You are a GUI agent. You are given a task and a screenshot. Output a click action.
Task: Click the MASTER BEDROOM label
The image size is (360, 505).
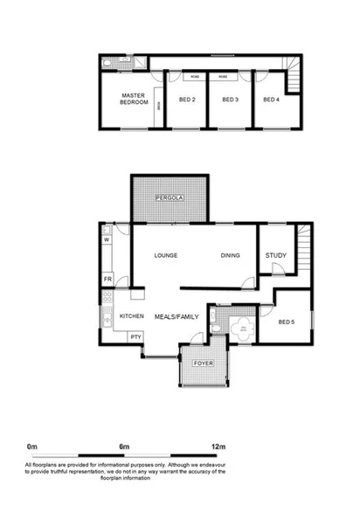(133, 100)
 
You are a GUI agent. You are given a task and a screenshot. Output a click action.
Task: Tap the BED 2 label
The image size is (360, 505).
(187, 100)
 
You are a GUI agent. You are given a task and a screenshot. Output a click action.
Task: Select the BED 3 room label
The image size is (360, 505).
(231, 100)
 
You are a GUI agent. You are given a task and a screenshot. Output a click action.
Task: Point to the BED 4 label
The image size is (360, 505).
(272, 100)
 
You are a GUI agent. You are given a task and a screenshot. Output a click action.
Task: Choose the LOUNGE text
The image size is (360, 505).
(166, 255)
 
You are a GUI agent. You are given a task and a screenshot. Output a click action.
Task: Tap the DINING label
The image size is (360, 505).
(231, 255)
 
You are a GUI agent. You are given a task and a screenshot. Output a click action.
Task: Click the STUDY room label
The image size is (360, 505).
(275, 255)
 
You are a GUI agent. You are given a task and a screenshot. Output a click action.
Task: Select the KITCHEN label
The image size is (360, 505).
(131, 315)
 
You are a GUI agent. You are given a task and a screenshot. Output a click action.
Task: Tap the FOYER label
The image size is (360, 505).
(204, 361)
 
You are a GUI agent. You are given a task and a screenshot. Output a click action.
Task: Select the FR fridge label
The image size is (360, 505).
(108, 279)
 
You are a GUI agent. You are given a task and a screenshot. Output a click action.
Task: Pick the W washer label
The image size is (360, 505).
(107, 239)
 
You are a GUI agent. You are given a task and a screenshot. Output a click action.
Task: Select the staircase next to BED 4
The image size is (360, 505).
(294, 80)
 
